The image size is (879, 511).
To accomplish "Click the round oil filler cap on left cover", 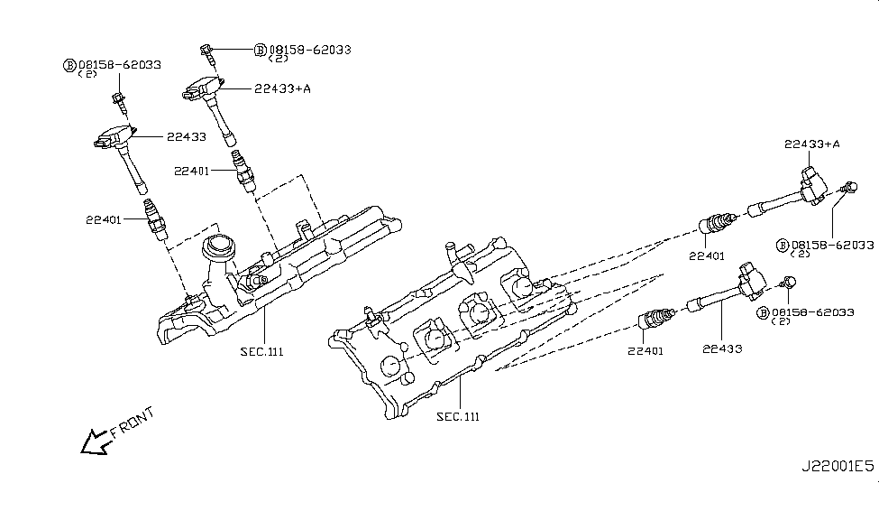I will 219,246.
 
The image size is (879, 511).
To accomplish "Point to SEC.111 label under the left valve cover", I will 262,351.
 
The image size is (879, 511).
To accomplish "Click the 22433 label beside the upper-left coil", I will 187,137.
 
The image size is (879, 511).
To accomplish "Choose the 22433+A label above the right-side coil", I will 812,144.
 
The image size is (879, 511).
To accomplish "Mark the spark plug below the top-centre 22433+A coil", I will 242,169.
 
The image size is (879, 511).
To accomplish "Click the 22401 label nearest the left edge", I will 107,218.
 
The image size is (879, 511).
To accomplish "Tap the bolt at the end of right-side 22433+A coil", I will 846,189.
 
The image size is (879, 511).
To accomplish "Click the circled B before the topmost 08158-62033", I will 260,51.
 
